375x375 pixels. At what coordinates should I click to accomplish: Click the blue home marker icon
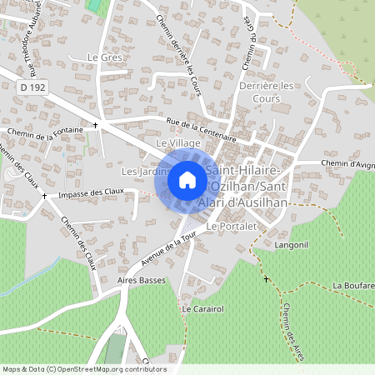click(x=187, y=180)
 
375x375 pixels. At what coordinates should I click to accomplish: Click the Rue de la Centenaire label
click(x=202, y=130)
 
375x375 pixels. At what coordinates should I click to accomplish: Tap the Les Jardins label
click(x=140, y=172)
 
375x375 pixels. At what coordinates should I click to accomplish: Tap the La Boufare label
click(x=353, y=285)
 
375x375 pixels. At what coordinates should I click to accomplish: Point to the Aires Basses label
click(x=142, y=281)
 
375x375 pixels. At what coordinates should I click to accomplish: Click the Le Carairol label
click(x=199, y=309)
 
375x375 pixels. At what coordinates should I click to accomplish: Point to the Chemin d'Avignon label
click(x=348, y=164)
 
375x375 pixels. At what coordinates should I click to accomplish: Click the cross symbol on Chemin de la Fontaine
click(x=96, y=126)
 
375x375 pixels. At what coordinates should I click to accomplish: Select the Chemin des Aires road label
click(x=292, y=325)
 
